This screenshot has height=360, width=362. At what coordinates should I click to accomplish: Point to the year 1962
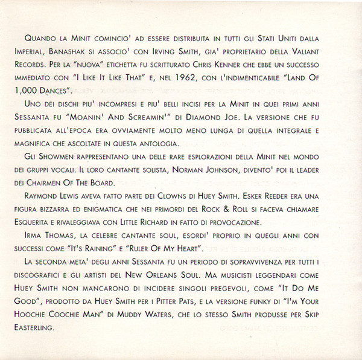coord(204,77)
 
